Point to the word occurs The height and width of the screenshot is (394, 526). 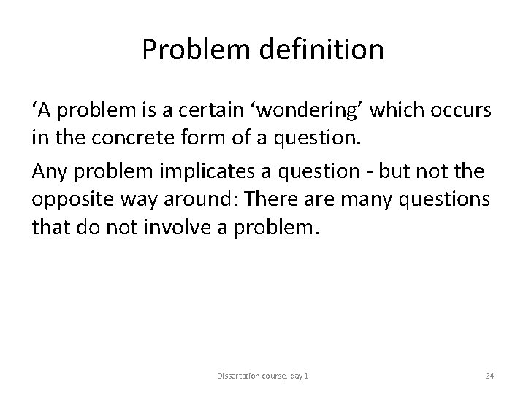pos(463,110)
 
